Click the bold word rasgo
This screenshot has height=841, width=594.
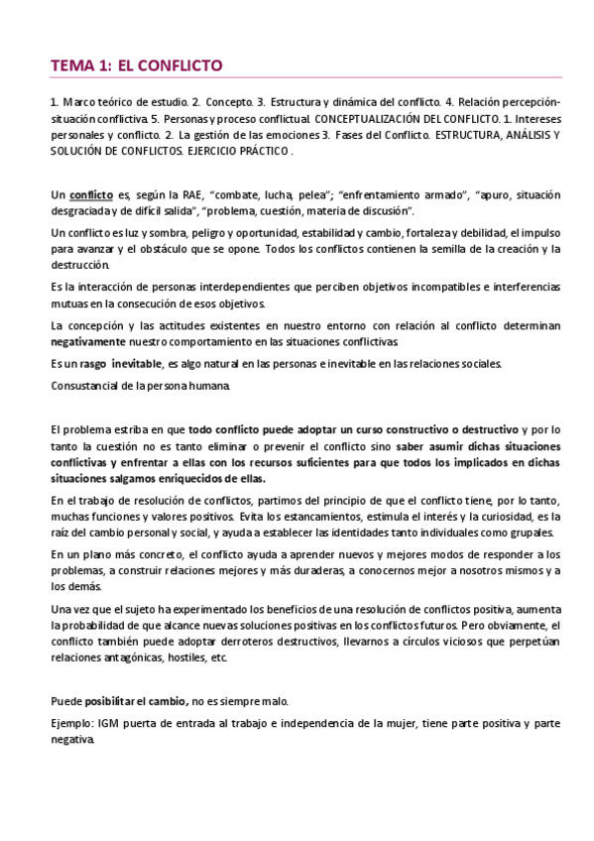(x=91, y=363)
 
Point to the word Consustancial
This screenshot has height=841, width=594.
(x=86, y=385)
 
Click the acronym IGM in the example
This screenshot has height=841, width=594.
(x=106, y=723)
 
